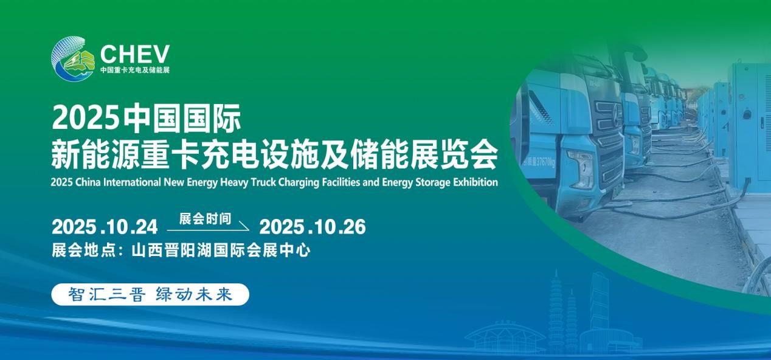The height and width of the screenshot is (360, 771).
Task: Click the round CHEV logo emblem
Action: point(72,58)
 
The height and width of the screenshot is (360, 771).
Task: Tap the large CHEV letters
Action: point(135,54)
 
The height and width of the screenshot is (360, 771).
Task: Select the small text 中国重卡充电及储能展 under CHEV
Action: point(135,70)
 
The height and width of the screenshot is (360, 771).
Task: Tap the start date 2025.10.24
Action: point(105,227)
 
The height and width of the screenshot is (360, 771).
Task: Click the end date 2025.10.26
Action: point(313,227)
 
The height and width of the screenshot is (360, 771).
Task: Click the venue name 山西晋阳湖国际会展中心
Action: point(221,251)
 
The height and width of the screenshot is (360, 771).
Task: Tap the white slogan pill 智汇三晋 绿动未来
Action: point(150,295)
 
